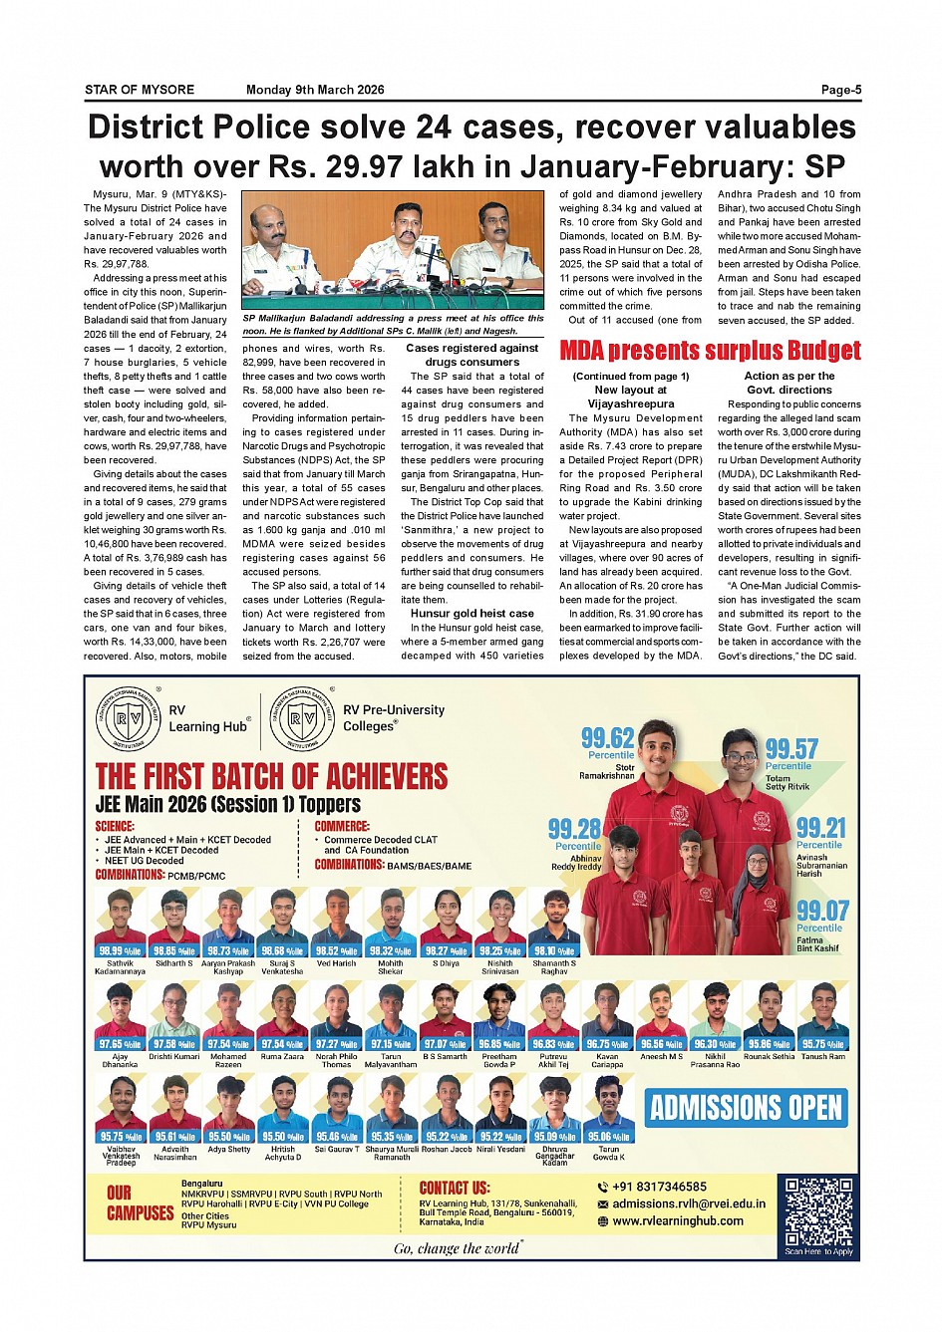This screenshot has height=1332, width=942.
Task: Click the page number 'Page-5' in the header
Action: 840,90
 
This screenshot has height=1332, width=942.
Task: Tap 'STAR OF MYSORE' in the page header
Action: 140,90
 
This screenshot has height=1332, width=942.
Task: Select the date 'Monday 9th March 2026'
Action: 315,90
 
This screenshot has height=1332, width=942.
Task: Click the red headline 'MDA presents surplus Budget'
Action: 710,351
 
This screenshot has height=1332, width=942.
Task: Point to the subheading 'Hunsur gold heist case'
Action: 472,614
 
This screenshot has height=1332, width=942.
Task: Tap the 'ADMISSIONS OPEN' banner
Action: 747,1108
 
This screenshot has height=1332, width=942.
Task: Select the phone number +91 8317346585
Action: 659,1187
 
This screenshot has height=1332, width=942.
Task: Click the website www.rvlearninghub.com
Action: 678,1220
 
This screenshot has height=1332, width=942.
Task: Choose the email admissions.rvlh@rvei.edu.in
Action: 689,1203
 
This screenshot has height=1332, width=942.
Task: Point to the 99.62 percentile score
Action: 607,738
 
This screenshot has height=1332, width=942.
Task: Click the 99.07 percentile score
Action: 821,911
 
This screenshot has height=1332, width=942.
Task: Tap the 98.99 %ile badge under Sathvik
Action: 120,951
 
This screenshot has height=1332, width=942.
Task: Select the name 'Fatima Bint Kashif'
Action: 817,943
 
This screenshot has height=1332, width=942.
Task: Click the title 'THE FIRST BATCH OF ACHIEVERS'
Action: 271,776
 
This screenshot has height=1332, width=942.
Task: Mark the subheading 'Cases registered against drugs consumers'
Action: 471,355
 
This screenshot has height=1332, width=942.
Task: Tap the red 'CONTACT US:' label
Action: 454,1188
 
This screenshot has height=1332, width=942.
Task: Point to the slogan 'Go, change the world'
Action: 457,1248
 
